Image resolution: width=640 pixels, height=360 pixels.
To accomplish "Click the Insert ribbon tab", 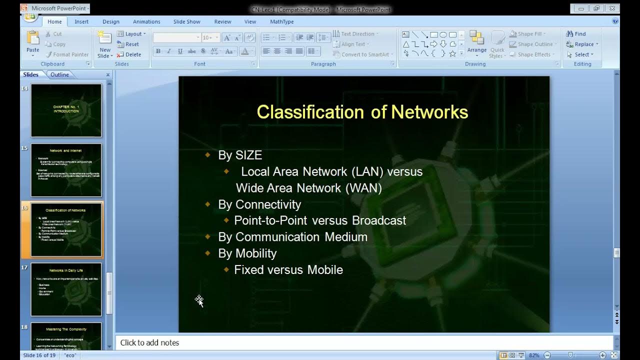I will [81, 21].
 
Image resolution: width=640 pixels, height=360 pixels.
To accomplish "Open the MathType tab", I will [281, 21].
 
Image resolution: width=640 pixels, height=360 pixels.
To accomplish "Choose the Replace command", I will [583, 44].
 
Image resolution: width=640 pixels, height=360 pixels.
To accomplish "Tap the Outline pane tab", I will [59, 74].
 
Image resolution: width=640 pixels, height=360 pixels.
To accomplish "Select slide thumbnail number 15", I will [66, 170].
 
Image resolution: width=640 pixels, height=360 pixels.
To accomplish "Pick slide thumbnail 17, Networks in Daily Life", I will [66, 289].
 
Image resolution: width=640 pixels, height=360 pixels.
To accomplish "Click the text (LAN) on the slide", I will [367, 171].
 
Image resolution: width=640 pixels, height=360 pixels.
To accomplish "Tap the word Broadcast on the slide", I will [379, 220].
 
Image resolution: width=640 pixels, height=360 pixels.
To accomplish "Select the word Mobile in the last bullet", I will [325, 269].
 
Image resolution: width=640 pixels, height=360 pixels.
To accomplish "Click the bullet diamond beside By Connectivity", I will [208, 204].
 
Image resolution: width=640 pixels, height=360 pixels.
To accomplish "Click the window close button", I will [612, 8].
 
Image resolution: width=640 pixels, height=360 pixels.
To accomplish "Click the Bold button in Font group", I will [158, 51].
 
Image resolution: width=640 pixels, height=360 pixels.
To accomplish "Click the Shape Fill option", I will [529, 34].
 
